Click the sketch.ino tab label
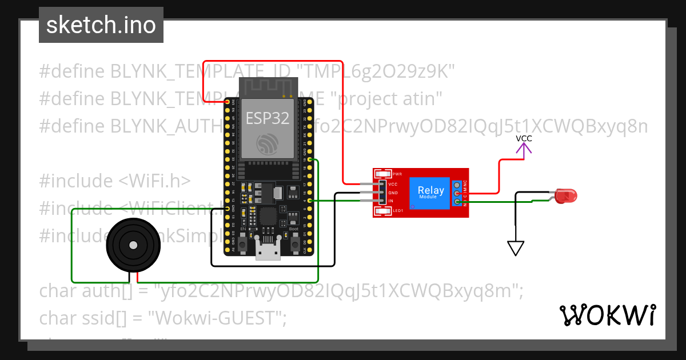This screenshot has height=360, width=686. click(101, 25)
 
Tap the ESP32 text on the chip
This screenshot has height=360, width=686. click(268, 118)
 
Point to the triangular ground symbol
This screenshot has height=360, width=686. click(516, 248)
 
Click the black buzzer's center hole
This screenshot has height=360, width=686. click(133, 245)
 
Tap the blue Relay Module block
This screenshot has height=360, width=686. click(430, 193)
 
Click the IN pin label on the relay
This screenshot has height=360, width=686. click(392, 201)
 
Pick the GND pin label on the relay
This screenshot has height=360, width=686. click(393, 193)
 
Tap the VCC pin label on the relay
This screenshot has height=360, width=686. click(393, 184)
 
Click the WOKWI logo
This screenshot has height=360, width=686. click(607, 315)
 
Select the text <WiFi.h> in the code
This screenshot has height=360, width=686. click(154, 181)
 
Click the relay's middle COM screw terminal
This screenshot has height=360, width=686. click(457, 194)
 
